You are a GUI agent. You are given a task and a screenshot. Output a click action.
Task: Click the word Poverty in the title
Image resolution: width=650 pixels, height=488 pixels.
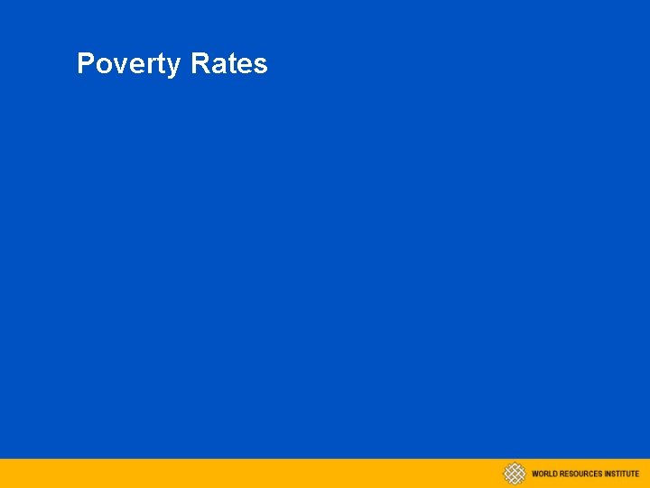[x=130, y=64]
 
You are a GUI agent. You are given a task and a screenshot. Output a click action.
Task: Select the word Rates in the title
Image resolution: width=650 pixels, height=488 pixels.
[x=229, y=64]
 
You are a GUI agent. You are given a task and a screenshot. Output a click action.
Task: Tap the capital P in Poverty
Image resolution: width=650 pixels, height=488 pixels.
[x=86, y=63]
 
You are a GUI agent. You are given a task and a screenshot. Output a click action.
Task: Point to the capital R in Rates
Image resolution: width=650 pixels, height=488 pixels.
[x=200, y=63]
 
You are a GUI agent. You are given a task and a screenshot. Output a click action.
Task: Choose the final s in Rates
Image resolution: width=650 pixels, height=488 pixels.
[x=260, y=66]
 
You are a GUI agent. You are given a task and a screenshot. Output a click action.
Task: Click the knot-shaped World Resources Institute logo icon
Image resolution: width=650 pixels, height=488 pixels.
[x=514, y=474]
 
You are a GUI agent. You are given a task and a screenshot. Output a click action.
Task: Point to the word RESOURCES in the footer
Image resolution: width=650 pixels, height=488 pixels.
[x=580, y=474]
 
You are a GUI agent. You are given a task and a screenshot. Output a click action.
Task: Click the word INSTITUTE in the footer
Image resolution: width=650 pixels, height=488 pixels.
[x=622, y=474]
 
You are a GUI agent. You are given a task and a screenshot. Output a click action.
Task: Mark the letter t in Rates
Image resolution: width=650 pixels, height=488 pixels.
[x=232, y=65]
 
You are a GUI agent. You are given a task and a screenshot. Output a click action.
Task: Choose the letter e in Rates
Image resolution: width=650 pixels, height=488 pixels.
[x=245, y=66]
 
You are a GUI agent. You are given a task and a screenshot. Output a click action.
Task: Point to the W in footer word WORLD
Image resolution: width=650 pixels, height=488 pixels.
[x=535, y=474]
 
